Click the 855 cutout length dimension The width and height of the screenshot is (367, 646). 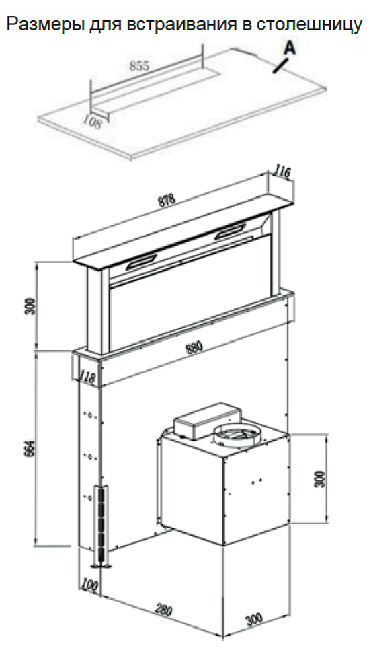point(139,65)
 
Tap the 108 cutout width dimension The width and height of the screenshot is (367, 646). point(92,122)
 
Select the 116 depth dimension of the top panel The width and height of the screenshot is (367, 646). point(283,172)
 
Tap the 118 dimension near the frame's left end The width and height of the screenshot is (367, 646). point(87,377)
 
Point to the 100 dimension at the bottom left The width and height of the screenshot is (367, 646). point(89,585)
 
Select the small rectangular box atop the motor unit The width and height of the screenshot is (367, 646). point(208,421)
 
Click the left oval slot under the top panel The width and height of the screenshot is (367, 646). point(141,262)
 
